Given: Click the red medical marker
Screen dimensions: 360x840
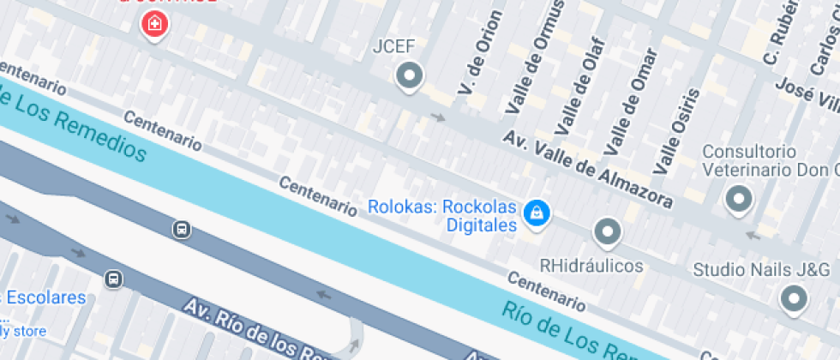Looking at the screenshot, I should tap(154, 23).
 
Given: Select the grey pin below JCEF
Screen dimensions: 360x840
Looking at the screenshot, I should tap(410, 77).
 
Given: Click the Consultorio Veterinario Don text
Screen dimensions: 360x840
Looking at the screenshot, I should tap(768, 160).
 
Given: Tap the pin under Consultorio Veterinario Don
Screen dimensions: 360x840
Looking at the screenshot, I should tap(737, 200).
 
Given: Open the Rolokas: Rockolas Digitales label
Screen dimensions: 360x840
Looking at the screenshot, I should tap(444, 216).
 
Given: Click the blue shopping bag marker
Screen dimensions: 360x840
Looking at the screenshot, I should tap(537, 212).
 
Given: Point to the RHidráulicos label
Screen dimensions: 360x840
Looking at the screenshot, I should tap(591, 266).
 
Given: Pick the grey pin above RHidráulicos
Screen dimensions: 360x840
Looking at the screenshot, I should tap(608, 231).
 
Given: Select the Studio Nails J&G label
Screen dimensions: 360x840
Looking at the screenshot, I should tap(761, 270).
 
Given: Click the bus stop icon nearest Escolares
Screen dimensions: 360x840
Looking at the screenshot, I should tap(112, 279).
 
